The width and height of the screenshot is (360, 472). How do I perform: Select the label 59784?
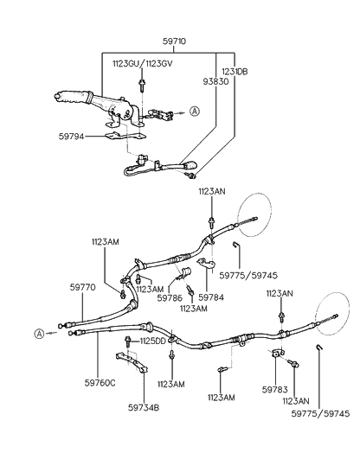pos(210,297)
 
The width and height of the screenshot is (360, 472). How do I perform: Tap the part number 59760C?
pos(100,381)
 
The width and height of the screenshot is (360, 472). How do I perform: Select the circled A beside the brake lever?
pos(195,111)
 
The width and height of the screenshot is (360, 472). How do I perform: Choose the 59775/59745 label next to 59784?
pos(249,277)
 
